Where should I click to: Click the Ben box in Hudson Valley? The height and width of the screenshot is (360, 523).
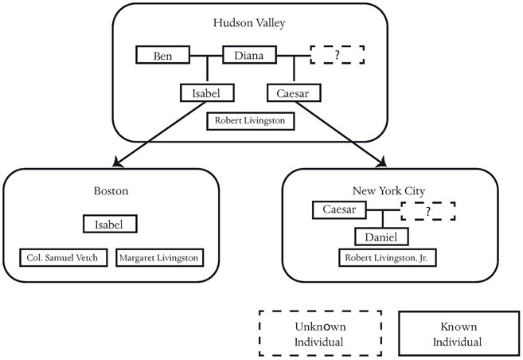162,56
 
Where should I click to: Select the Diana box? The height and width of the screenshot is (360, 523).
248,56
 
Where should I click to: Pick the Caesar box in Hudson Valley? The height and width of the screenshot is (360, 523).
293,93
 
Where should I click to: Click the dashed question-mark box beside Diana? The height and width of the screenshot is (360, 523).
337,55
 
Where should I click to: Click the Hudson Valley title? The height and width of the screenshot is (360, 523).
248,23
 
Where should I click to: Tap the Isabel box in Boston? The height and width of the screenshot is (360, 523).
111,224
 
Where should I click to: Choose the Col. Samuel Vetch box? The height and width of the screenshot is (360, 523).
64,258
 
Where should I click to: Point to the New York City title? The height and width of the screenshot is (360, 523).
389,191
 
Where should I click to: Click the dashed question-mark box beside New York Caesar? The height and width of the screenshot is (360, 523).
428,211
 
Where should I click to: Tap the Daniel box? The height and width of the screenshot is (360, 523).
382,237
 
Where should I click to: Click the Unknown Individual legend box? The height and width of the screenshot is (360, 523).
319,333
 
